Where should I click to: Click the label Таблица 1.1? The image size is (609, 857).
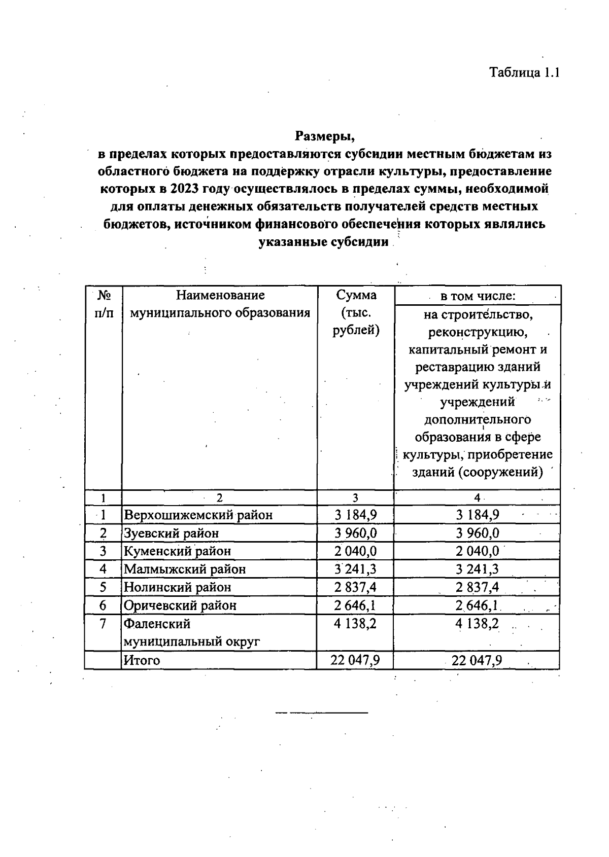click(524, 72)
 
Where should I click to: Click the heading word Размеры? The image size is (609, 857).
click(324, 136)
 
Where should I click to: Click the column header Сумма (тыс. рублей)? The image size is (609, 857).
click(356, 312)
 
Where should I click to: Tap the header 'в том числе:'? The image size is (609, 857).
click(477, 296)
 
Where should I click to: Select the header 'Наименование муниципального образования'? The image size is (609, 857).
click(220, 304)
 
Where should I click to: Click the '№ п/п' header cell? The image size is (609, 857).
click(104, 304)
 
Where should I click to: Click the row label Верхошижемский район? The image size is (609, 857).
click(198, 515)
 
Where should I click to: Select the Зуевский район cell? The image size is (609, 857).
click(172, 533)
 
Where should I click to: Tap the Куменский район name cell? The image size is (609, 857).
click(178, 551)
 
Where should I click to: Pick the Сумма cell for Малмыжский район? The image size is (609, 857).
click(355, 569)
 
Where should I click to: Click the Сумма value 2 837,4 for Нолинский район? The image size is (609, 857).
click(355, 587)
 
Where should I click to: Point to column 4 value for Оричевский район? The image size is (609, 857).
click(477, 605)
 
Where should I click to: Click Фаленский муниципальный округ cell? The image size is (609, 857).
click(192, 632)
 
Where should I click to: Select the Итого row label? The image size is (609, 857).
click(142, 660)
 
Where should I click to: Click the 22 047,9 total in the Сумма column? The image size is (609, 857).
click(355, 660)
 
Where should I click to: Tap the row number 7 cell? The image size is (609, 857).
click(103, 624)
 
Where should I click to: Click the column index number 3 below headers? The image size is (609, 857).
click(355, 498)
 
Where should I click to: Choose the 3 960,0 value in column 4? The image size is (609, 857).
click(477, 533)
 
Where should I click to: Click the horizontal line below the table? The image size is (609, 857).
click(321, 713)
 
